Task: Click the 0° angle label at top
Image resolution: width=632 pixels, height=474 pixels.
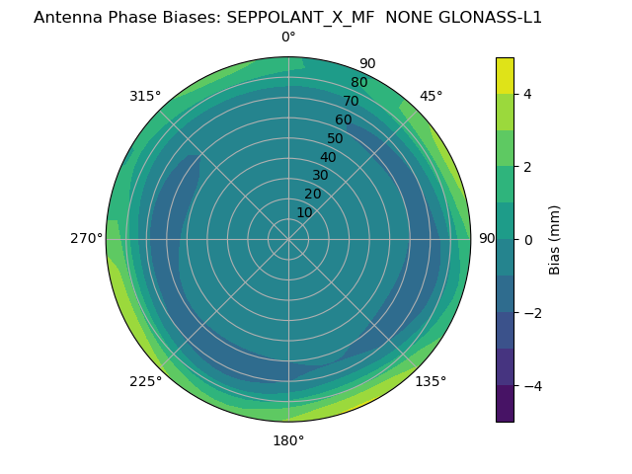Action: click(x=288, y=38)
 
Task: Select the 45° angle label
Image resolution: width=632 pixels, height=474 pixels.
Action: click(x=432, y=96)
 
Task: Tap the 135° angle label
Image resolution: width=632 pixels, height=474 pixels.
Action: click(x=431, y=381)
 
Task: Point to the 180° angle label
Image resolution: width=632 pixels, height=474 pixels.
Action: click(x=288, y=440)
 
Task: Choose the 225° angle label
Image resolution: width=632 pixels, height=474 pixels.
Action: click(x=145, y=381)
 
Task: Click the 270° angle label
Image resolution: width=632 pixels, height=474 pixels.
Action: click(x=86, y=238)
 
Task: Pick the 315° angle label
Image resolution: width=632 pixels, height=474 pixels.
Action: click(x=145, y=96)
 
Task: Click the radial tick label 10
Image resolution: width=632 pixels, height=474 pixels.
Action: click(x=304, y=212)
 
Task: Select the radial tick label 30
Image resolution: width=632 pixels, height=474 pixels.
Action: click(x=320, y=176)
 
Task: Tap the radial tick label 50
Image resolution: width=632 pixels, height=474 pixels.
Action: click(x=336, y=138)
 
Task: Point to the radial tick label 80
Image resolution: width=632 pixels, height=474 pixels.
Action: click(x=359, y=82)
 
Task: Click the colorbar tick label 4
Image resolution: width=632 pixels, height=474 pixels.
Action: click(x=528, y=94)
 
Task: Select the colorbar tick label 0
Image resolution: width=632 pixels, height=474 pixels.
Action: click(x=528, y=239)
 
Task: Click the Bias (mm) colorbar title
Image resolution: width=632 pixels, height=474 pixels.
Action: click(x=555, y=239)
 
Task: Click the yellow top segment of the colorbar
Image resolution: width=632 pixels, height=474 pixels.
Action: click(x=505, y=75)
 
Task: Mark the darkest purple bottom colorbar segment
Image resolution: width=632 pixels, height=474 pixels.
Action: click(x=505, y=403)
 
